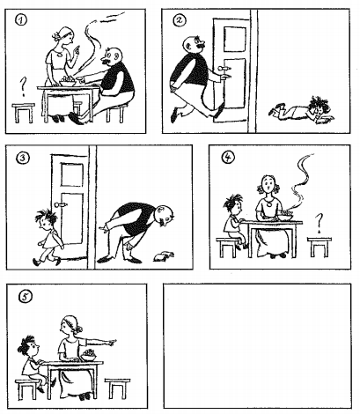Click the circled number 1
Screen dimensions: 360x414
pyautogui.click(x=21, y=20)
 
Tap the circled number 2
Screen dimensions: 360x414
pyautogui.click(x=180, y=20)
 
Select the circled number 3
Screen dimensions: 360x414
pyautogui.click(x=23, y=158)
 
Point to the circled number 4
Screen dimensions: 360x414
pyautogui.click(x=228, y=158)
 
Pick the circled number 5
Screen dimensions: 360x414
pyautogui.click(x=25, y=297)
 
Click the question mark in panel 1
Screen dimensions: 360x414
pyautogui.click(x=23, y=87)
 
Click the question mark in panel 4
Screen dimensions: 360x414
pyautogui.click(x=319, y=224)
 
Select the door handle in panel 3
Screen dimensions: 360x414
pyautogui.click(x=62, y=204)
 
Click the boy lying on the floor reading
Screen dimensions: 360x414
pyautogui.click(x=302, y=110)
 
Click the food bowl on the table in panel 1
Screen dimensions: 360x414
pyautogui.click(x=68, y=82)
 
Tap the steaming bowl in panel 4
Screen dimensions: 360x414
pyautogui.click(x=286, y=217)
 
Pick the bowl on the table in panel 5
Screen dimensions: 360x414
pyautogui.click(x=89, y=356)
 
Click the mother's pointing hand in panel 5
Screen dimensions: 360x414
pyautogui.click(x=112, y=342)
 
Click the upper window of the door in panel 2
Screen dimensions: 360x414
pyautogui.click(x=235, y=39)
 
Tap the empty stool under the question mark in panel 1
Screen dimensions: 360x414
pyautogui.click(x=24, y=112)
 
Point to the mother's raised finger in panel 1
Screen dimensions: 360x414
pyautogui.click(x=77, y=48)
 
